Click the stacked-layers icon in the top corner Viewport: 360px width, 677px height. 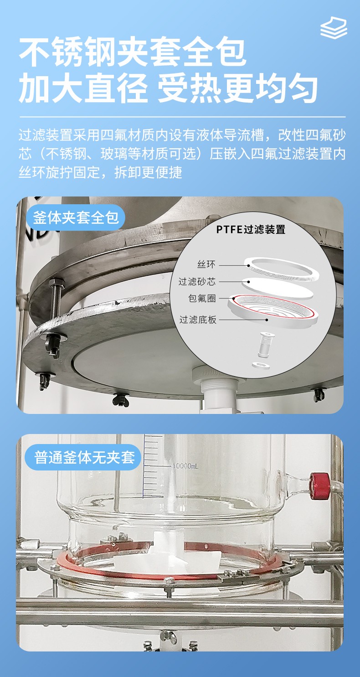[x=334, y=28]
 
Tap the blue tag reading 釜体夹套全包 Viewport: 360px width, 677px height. [x=76, y=217]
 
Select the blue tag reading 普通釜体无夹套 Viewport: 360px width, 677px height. [x=83, y=457]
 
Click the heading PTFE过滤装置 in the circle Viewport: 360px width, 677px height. [x=251, y=230]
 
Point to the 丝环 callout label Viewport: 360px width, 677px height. [x=206, y=264]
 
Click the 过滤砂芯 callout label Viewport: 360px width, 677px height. [x=197, y=282]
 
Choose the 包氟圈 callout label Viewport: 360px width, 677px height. [x=202, y=299]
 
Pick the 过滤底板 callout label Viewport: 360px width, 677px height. [x=198, y=320]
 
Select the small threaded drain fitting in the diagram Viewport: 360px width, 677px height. [x=266, y=345]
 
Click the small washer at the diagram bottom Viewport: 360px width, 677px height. [x=261, y=366]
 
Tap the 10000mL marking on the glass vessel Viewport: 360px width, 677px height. [x=185, y=466]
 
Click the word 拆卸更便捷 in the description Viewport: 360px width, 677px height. [x=148, y=173]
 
